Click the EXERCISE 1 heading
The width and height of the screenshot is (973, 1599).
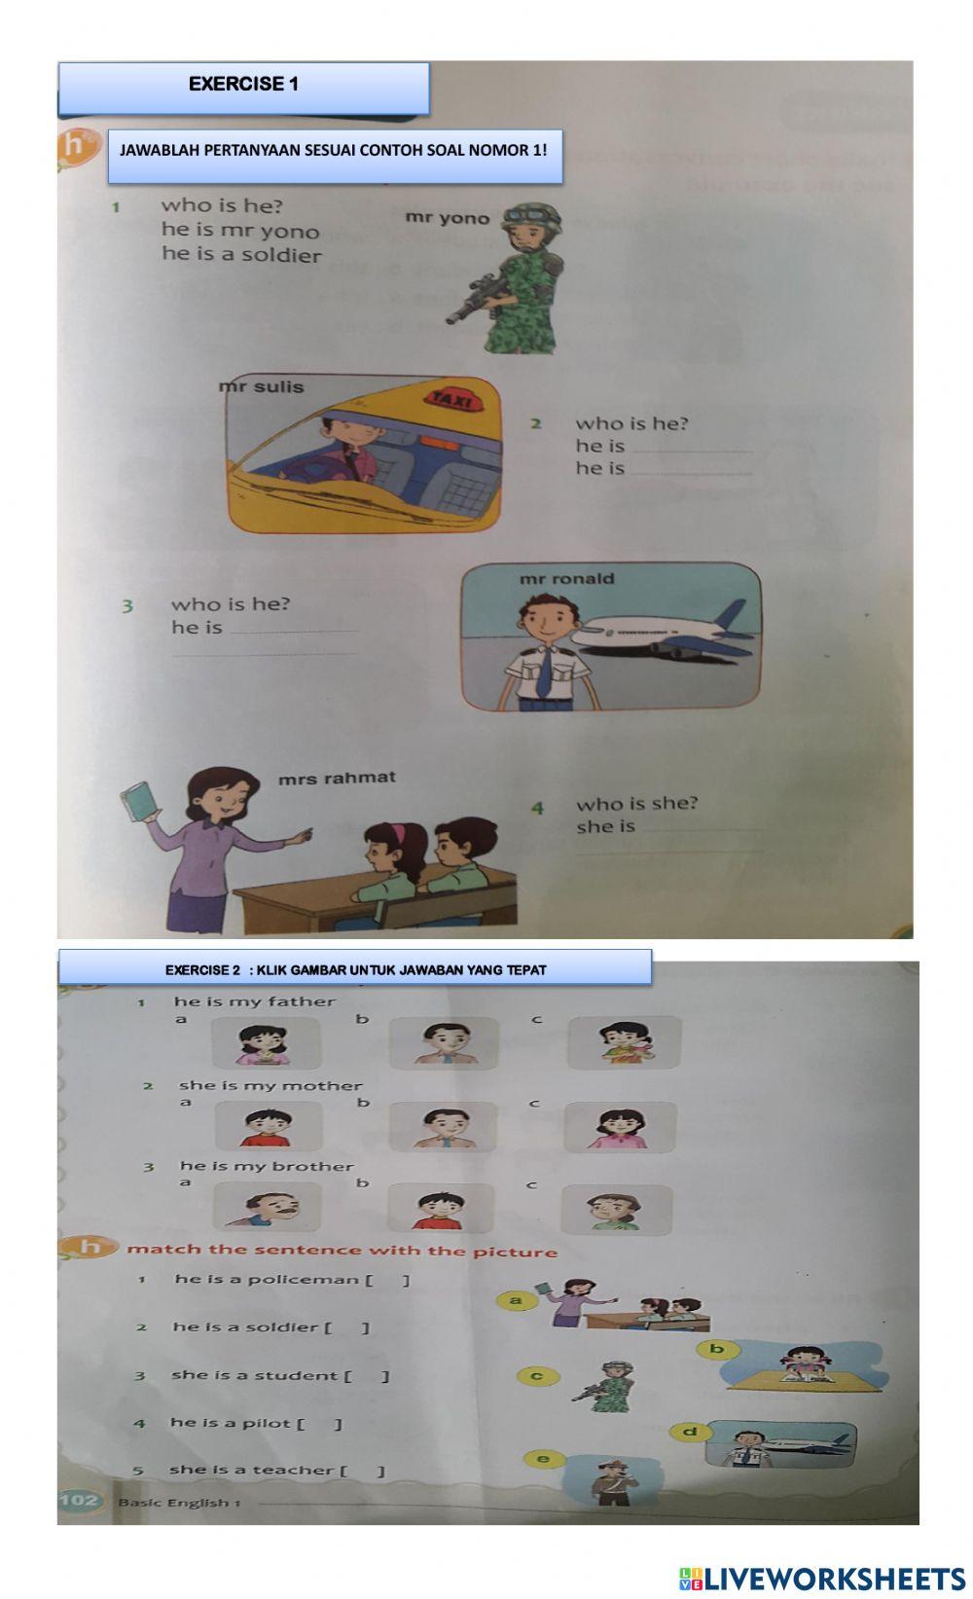click(243, 85)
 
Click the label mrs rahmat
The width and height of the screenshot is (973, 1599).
click(337, 778)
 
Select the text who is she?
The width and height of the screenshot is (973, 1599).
click(636, 804)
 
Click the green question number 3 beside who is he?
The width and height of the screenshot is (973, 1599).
click(126, 606)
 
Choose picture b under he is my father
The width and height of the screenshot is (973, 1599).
click(443, 1042)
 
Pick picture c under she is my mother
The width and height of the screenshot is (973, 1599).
click(620, 1127)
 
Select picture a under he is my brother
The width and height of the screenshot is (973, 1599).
click(266, 1208)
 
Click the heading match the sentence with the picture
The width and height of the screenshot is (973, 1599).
click(342, 1251)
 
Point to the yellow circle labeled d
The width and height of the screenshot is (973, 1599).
click(690, 1432)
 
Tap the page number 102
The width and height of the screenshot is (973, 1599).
click(80, 1500)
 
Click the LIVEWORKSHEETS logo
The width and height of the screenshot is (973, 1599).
click(821, 1579)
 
